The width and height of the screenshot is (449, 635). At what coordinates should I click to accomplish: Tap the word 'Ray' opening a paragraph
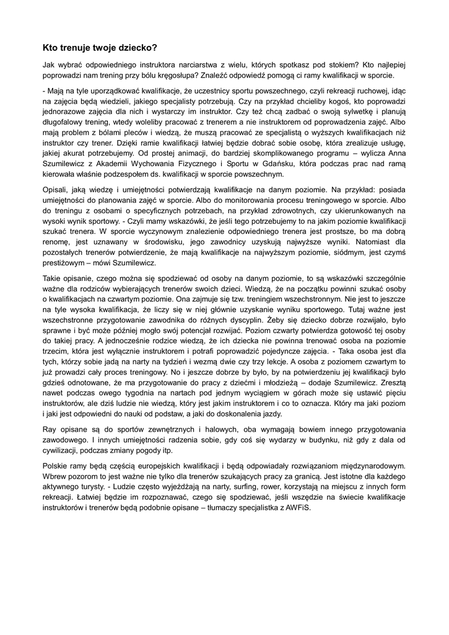(x=50, y=430)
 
